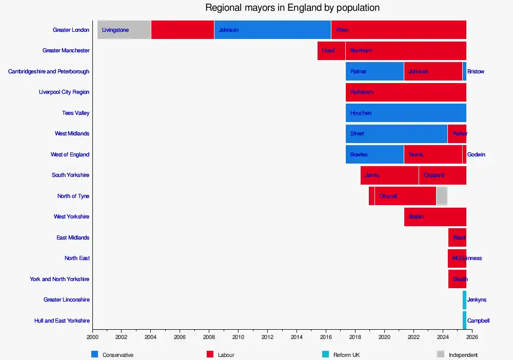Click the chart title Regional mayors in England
coord(292,8)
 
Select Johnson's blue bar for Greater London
coord(272,30)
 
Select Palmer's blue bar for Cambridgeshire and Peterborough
coord(374,71)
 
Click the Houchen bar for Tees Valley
coord(406,113)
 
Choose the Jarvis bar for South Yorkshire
coord(389,175)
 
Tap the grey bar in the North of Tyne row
coord(442,196)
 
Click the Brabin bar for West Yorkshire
coord(435,216)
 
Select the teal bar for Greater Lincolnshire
coord(464,299)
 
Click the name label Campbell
coord(478,321)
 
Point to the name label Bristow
coord(476,71)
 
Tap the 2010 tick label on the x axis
coord(238,337)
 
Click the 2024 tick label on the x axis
coord(443,337)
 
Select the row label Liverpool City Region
coord(64,92)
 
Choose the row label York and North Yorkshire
coord(60,279)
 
